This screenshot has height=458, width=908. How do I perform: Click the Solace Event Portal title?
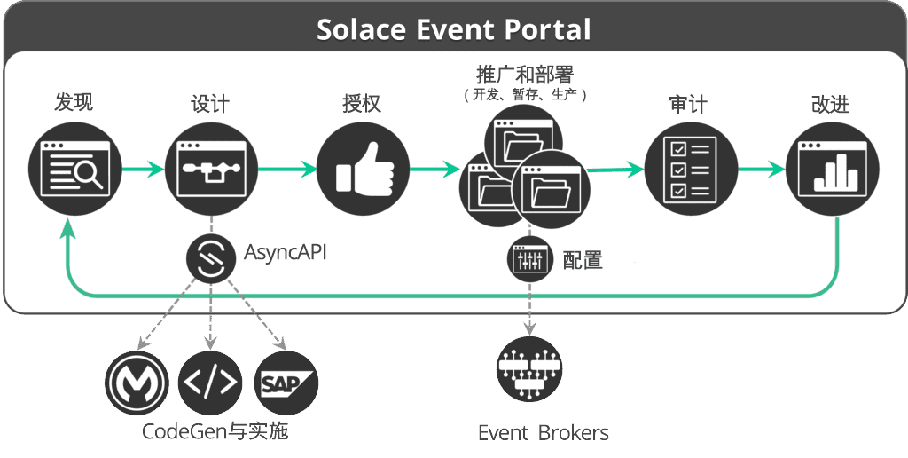tap(453, 29)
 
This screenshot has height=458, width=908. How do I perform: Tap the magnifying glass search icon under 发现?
tap(75, 169)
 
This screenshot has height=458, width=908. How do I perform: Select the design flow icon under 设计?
tap(211, 169)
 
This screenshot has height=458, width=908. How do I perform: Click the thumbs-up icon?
tap(364, 169)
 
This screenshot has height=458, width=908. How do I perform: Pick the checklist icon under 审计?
tap(691, 169)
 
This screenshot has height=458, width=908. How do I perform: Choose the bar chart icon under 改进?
tap(832, 169)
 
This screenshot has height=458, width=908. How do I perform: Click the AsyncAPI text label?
tap(285, 253)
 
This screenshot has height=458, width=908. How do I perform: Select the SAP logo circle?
tap(286, 383)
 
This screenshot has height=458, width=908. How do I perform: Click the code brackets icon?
tap(210, 383)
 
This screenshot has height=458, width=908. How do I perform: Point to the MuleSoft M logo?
tap(137, 383)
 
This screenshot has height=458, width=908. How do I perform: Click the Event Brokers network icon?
tap(529, 369)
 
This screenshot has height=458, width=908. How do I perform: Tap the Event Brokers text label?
tap(544, 433)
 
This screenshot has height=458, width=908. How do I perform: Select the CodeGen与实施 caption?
tap(215, 431)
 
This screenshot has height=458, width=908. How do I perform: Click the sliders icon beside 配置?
tap(529, 258)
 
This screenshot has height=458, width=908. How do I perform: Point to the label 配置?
tap(583, 260)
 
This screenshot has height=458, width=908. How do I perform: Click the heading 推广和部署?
tap(525, 75)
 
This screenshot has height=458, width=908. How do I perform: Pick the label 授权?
tap(362, 104)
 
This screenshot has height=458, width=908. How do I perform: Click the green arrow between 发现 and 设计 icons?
tap(144, 170)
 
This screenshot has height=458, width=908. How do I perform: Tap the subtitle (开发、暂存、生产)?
tap(525, 94)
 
